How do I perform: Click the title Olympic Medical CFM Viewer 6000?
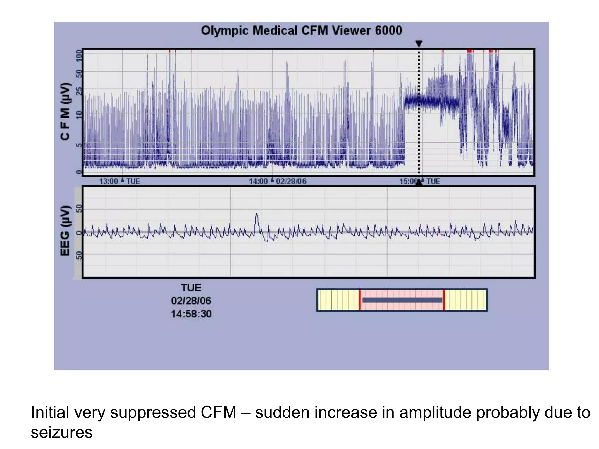301,31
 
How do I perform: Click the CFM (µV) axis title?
65,111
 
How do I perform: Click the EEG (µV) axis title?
65,231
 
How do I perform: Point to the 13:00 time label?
109,182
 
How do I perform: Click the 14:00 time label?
258,182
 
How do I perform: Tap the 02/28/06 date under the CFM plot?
291,182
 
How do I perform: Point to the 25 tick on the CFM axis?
79,91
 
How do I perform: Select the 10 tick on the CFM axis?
79,115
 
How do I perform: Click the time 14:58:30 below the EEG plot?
191,314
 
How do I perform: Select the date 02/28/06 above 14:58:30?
191,301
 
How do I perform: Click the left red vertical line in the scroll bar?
359,300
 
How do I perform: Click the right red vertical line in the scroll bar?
444,300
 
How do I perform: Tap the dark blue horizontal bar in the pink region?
402,300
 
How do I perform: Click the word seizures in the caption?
61,432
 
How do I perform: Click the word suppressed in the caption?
152,412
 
